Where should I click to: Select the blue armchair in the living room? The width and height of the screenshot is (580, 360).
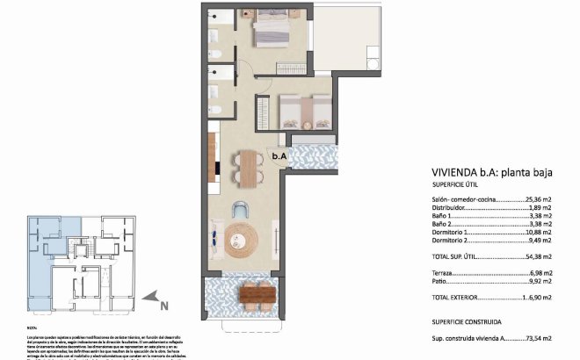tap(241, 208)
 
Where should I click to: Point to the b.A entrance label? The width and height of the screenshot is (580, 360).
tap(279, 156)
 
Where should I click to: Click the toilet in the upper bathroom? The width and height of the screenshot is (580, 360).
tap(217, 55)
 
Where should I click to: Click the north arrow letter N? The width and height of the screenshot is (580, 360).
tap(163, 305)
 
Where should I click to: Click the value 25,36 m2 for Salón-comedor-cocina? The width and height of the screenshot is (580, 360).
tap(535, 200)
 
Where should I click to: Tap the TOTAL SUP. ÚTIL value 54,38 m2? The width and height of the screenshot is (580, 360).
tap(535, 257)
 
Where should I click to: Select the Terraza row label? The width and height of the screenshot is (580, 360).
tap(446, 275)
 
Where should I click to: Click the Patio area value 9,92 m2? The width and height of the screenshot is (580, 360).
tap(537, 284)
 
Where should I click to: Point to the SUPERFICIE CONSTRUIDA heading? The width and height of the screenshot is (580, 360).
tap(473, 321)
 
